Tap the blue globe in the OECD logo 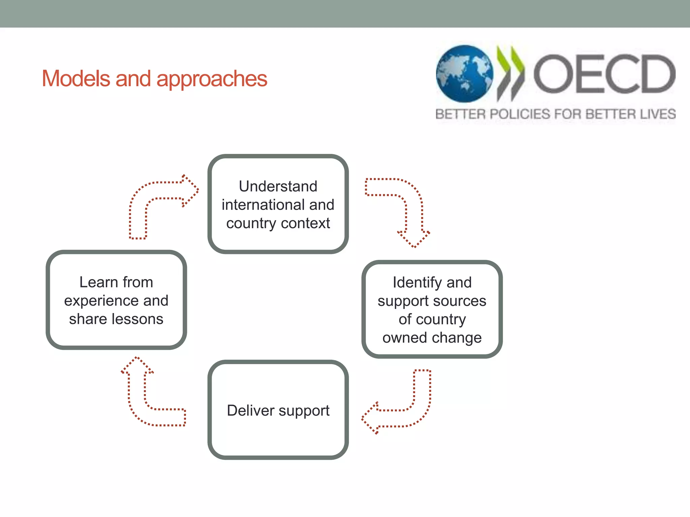(464, 74)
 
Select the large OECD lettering (604, 74)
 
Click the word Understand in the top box (278, 186)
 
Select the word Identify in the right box (417, 282)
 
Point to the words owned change (432, 338)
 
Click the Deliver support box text (278, 410)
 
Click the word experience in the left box (101, 301)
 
